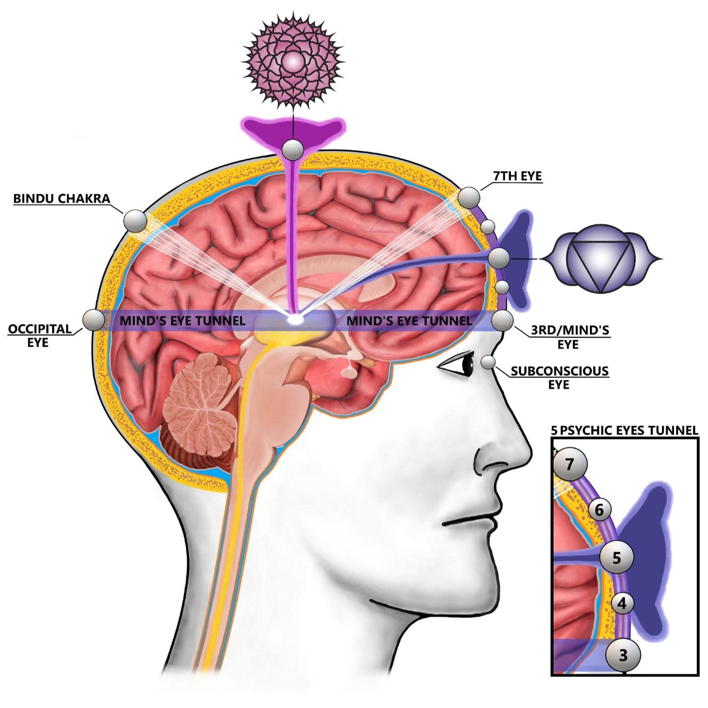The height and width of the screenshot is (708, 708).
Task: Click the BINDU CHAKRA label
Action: click(x=61, y=198)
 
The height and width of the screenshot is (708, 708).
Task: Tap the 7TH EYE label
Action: click(x=517, y=176)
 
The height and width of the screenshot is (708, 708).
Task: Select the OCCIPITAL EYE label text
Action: click(x=39, y=335)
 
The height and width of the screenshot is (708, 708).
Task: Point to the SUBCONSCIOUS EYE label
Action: click(x=559, y=377)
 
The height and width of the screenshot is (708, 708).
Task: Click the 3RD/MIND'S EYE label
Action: click(x=569, y=337)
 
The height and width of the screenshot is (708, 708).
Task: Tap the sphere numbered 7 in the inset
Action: click(x=570, y=464)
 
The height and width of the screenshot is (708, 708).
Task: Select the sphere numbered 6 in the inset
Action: click(x=599, y=510)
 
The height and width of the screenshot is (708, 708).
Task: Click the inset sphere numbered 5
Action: click(x=617, y=557)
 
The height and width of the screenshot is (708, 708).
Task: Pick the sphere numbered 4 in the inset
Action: click(x=622, y=603)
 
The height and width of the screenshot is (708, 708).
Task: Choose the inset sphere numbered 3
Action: click(x=623, y=655)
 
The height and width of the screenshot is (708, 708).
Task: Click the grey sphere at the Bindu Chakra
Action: click(x=135, y=221)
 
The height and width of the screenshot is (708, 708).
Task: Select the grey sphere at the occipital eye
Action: click(x=93, y=320)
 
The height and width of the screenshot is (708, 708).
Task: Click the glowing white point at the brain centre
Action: click(x=295, y=320)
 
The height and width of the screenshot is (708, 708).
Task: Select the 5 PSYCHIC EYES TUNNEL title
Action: click(x=624, y=431)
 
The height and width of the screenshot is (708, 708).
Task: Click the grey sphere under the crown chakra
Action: click(x=294, y=149)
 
